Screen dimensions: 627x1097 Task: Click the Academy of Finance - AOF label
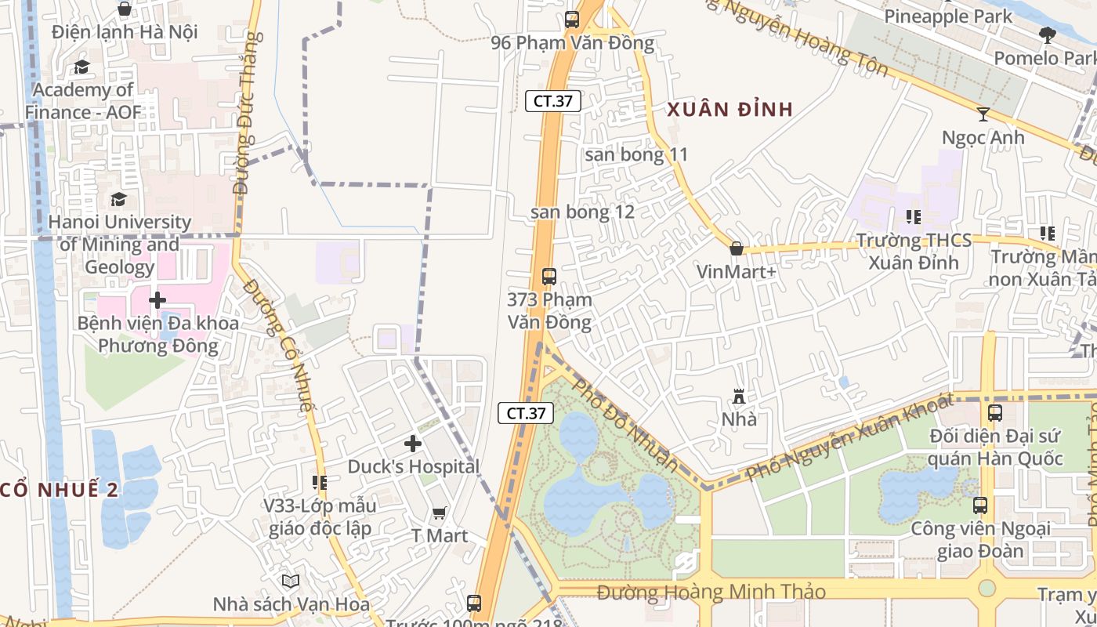82,101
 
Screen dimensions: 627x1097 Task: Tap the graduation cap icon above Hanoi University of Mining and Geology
118,199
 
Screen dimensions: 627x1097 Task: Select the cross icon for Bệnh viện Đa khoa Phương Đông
157,299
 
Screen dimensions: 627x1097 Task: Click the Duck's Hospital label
413,466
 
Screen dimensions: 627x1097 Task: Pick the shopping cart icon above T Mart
440,513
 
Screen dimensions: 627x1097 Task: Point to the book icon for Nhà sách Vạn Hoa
291,581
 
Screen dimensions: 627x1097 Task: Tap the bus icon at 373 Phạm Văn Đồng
548,276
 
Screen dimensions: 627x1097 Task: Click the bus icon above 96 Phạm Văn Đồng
572,20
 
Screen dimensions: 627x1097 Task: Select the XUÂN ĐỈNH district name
730,110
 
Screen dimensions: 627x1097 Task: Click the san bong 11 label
635,154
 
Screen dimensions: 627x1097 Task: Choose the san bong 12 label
582,212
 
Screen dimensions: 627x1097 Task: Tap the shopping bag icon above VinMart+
736,248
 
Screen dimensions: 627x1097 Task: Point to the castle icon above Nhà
738,396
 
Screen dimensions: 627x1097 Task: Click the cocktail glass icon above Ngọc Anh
983,114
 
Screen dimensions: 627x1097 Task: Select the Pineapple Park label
948,16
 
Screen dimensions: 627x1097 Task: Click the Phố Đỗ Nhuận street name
625,426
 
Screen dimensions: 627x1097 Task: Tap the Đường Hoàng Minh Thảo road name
711,592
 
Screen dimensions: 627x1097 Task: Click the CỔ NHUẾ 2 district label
60,490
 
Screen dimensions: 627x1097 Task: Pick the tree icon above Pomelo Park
1047,34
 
